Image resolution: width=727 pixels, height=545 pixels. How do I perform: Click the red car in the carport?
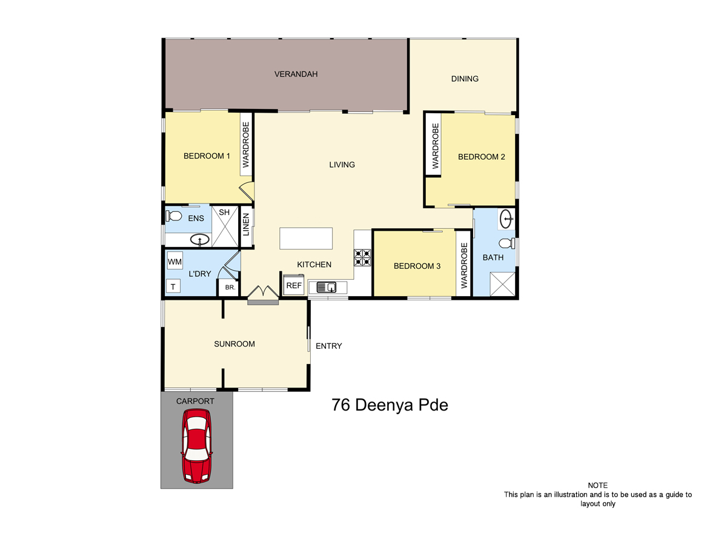196,446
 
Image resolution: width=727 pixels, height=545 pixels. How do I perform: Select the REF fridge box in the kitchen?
294,285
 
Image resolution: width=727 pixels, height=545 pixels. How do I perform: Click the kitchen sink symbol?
327,287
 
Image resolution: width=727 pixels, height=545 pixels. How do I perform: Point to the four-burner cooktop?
362,258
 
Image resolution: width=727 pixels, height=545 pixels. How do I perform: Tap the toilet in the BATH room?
506,243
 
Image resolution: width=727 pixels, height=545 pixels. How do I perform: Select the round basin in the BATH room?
506,219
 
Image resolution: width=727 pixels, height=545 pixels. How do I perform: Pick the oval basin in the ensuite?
200,239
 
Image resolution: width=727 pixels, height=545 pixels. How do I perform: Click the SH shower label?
224,212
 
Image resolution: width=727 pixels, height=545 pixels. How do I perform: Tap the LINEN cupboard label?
246,225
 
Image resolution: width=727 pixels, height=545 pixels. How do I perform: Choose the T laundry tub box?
173,286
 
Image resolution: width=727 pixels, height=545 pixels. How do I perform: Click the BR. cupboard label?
230,287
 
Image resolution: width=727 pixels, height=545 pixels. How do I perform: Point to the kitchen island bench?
306,238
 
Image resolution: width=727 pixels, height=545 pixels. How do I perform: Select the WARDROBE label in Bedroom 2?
435,146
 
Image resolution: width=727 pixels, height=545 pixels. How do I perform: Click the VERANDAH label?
296,74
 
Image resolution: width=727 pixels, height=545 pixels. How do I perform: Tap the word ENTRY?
328,346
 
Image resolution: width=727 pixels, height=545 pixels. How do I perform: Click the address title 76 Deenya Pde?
390,405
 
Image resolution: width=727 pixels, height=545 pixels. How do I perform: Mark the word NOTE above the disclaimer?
597,486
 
